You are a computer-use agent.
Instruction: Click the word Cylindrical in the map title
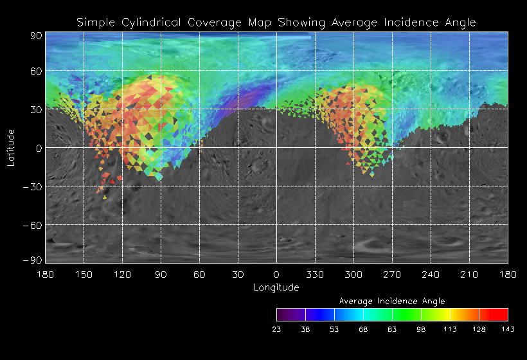pos(154,22)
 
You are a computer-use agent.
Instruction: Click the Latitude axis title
pos(11,147)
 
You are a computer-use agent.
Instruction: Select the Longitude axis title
pos(276,287)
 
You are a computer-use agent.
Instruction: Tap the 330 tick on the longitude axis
pos(315,274)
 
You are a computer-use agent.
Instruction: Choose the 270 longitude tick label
pos(392,274)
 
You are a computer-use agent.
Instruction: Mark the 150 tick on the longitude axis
pos(84,274)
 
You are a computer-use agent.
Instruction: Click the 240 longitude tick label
pos(431,274)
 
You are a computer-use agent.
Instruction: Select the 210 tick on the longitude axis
pos(469,274)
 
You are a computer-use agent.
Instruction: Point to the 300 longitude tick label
pos(353,274)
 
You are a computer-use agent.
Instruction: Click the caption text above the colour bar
pos(391,301)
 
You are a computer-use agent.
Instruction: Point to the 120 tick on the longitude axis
pos(122,274)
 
